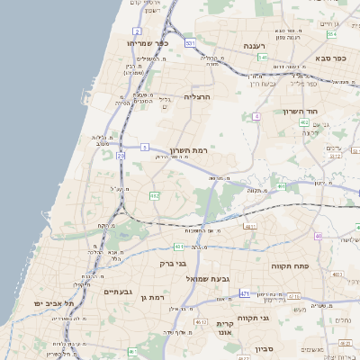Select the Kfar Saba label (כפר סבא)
[x=328, y=58]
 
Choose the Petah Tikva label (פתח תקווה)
[x=290, y=267]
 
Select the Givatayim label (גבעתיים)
[x=118, y=292]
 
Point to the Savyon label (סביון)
[x=264, y=347]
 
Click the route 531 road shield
[x=189, y=42]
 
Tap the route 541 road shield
[x=262, y=57]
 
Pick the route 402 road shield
[x=304, y=122]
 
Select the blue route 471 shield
[x=245, y=293]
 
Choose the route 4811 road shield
[x=250, y=227]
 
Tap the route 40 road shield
[x=319, y=236]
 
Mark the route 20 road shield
[x=121, y=156]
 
